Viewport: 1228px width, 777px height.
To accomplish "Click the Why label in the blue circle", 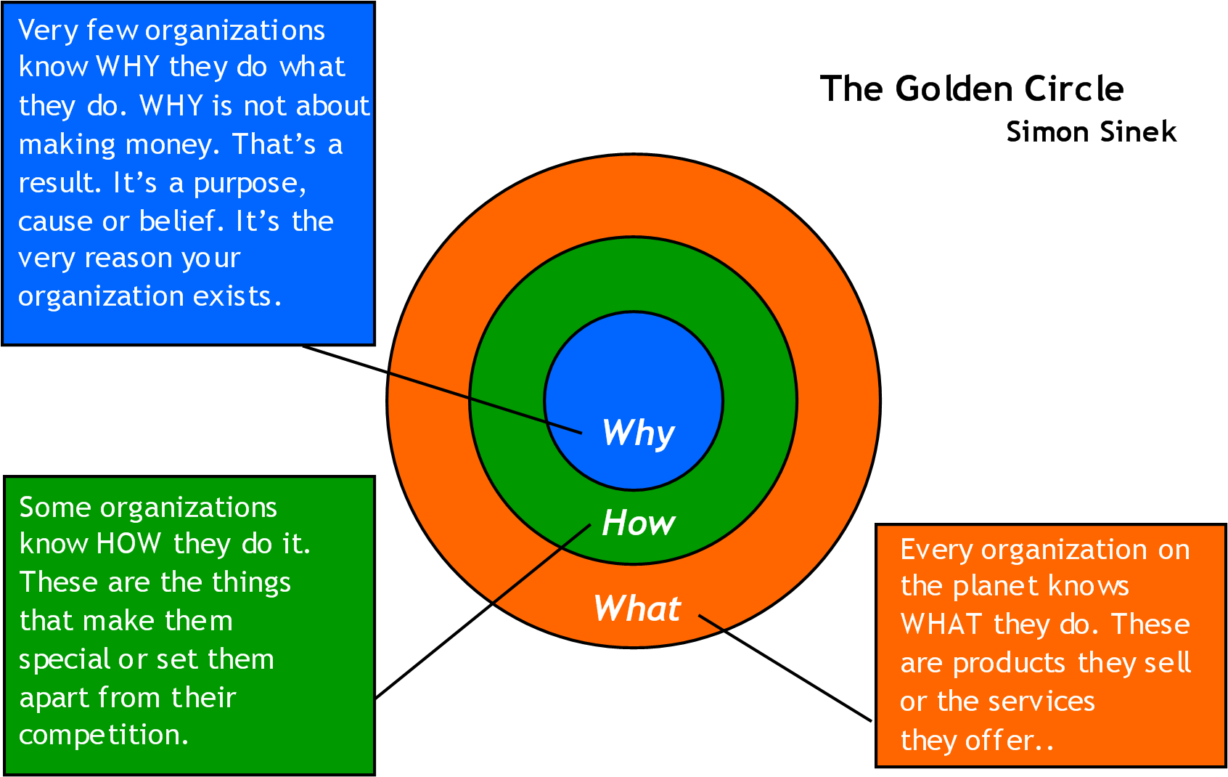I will (x=638, y=434).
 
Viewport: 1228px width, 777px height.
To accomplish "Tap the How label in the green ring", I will (x=638, y=523).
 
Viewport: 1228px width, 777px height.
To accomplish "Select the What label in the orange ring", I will (x=637, y=609).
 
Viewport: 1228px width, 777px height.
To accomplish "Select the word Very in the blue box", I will (x=48, y=31).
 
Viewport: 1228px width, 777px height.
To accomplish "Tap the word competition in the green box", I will (x=103, y=736).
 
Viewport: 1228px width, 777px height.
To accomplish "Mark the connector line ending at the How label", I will (x=541, y=564).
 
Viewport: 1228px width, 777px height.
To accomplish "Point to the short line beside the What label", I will (x=711, y=622).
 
